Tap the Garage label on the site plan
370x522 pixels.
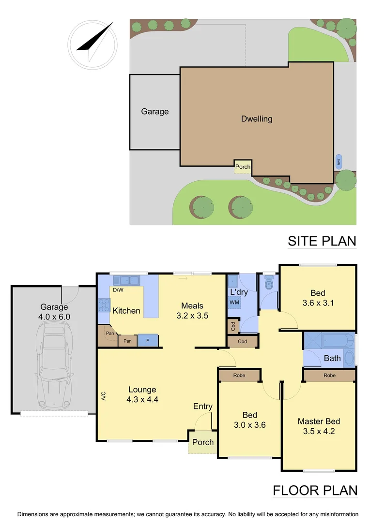coord(155,112)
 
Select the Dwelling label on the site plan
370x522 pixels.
coord(257,118)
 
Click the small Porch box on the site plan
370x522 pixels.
coord(243,167)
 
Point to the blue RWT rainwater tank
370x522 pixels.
coord(339,161)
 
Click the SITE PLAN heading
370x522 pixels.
coord(322,241)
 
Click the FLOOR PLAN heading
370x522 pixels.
coord(315,491)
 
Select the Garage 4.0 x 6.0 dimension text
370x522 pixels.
coord(55,312)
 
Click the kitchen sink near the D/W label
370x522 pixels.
coord(126,280)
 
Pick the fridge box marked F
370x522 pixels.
coord(148,341)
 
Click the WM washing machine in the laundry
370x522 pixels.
coord(234,303)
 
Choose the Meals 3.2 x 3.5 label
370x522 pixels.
coord(192,310)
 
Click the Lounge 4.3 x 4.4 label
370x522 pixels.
coord(142,394)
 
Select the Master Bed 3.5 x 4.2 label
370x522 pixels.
coord(318,426)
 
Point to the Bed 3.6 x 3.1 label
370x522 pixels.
coord(318,298)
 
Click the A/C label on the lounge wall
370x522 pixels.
coord(103,396)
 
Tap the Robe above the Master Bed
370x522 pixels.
coord(329,375)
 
